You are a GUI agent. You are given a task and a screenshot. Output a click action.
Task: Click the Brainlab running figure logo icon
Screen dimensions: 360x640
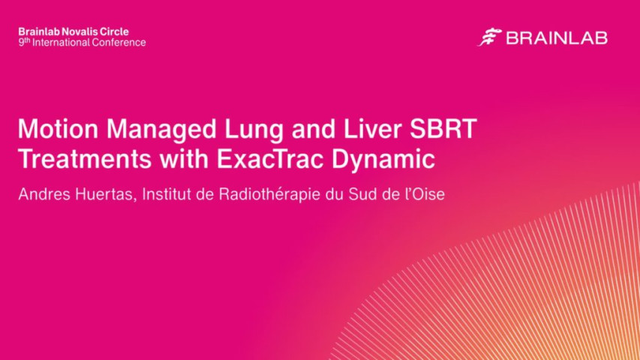(x=489, y=37)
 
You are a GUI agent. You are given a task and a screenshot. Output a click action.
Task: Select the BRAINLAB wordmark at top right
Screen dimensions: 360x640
(x=556, y=38)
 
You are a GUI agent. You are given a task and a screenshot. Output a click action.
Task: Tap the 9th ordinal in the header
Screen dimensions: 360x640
(x=23, y=43)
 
